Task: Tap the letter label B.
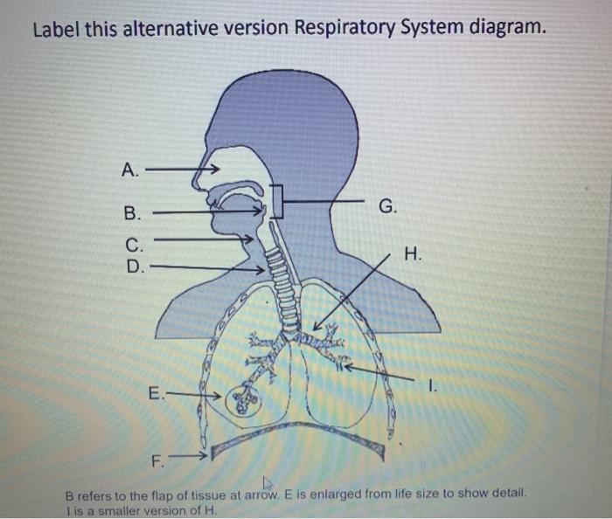tap(131, 212)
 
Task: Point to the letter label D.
tap(133, 266)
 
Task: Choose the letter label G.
tap(389, 207)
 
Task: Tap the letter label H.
tap(414, 254)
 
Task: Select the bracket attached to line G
tap(276, 202)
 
